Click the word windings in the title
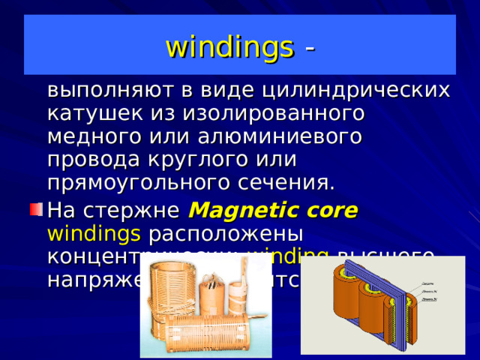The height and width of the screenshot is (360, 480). (229, 47)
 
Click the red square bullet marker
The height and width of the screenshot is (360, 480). (34, 208)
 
